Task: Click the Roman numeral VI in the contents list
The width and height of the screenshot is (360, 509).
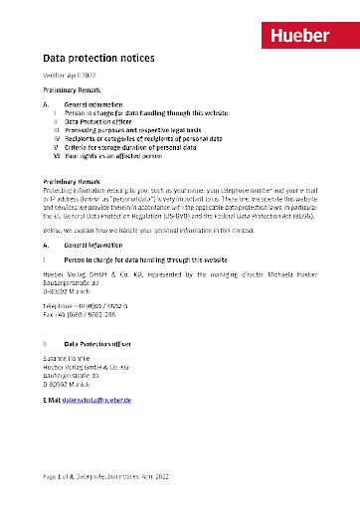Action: tap(57, 157)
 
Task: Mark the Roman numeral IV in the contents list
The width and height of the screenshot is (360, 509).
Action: tap(57, 139)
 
